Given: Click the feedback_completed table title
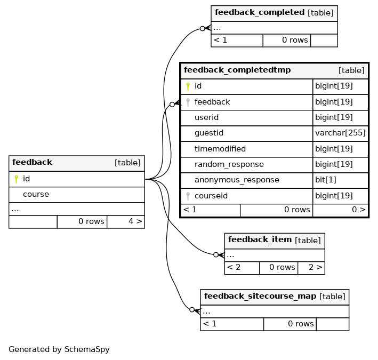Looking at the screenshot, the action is click(260, 12).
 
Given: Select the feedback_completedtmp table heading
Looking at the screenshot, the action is click(237, 70).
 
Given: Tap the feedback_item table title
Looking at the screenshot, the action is click(260, 239).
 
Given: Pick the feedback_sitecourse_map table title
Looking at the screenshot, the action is click(260, 296).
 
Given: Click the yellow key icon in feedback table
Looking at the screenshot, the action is click(16, 179).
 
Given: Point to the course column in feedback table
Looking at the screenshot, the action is click(36, 194).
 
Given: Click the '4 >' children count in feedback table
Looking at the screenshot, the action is click(135, 221).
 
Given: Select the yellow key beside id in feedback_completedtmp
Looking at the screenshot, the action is click(188, 86).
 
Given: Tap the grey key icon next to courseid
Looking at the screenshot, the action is click(188, 196).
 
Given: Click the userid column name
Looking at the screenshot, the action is click(206, 117).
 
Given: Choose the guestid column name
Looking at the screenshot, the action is click(209, 133).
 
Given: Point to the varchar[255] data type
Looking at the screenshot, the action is click(340, 133).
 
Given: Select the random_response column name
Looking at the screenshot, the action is click(229, 164).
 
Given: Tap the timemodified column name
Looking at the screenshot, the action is click(220, 149).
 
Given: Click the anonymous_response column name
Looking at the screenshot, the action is click(237, 180).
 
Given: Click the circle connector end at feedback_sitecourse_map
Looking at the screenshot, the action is click(192, 310).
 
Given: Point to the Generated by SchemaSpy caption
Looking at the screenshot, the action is click(59, 349).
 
